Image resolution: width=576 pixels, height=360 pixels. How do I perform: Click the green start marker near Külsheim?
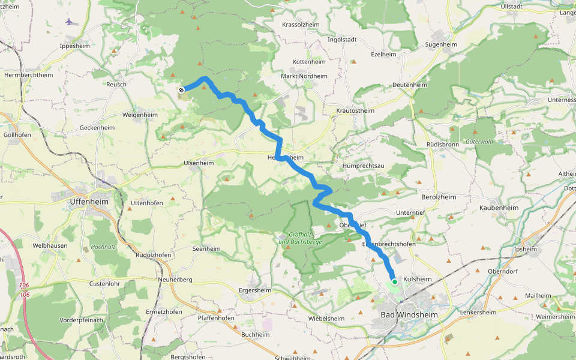click(x=395, y=281)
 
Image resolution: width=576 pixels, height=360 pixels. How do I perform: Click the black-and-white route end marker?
click(x=181, y=89)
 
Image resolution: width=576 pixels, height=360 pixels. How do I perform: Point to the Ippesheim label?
click(x=75, y=46)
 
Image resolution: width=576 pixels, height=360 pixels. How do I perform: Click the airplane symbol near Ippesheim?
click(x=70, y=22)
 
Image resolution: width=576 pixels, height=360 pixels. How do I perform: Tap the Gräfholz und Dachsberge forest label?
click(x=300, y=238)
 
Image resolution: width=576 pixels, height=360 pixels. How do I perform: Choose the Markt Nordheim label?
click(x=304, y=76)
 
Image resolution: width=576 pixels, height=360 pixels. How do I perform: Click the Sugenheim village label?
click(x=441, y=44)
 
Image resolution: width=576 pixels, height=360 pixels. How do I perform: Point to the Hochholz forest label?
click(x=103, y=247)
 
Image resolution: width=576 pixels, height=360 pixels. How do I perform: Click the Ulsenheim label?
click(x=199, y=163)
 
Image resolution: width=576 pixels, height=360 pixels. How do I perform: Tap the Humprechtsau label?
click(x=363, y=166)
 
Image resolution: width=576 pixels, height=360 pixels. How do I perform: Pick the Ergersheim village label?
click(x=255, y=290)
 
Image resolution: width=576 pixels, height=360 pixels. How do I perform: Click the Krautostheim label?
click(x=355, y=111)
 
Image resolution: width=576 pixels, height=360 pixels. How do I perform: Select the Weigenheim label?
click(x=139, y=115)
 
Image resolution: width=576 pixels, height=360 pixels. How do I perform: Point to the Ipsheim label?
click(x=526, y=249)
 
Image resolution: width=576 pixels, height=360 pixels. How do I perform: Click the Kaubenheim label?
click(x=499, y=208)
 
